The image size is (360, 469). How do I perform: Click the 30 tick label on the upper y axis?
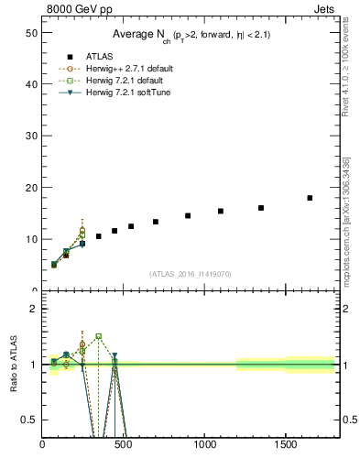[x=30, y=136]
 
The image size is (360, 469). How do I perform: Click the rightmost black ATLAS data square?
[x=310, y=198]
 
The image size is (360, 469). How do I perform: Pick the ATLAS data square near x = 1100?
[x=221, y=211]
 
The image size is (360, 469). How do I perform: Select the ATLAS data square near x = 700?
[x=156, y=222]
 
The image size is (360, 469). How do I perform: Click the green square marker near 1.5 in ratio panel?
[x=99, y=336]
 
